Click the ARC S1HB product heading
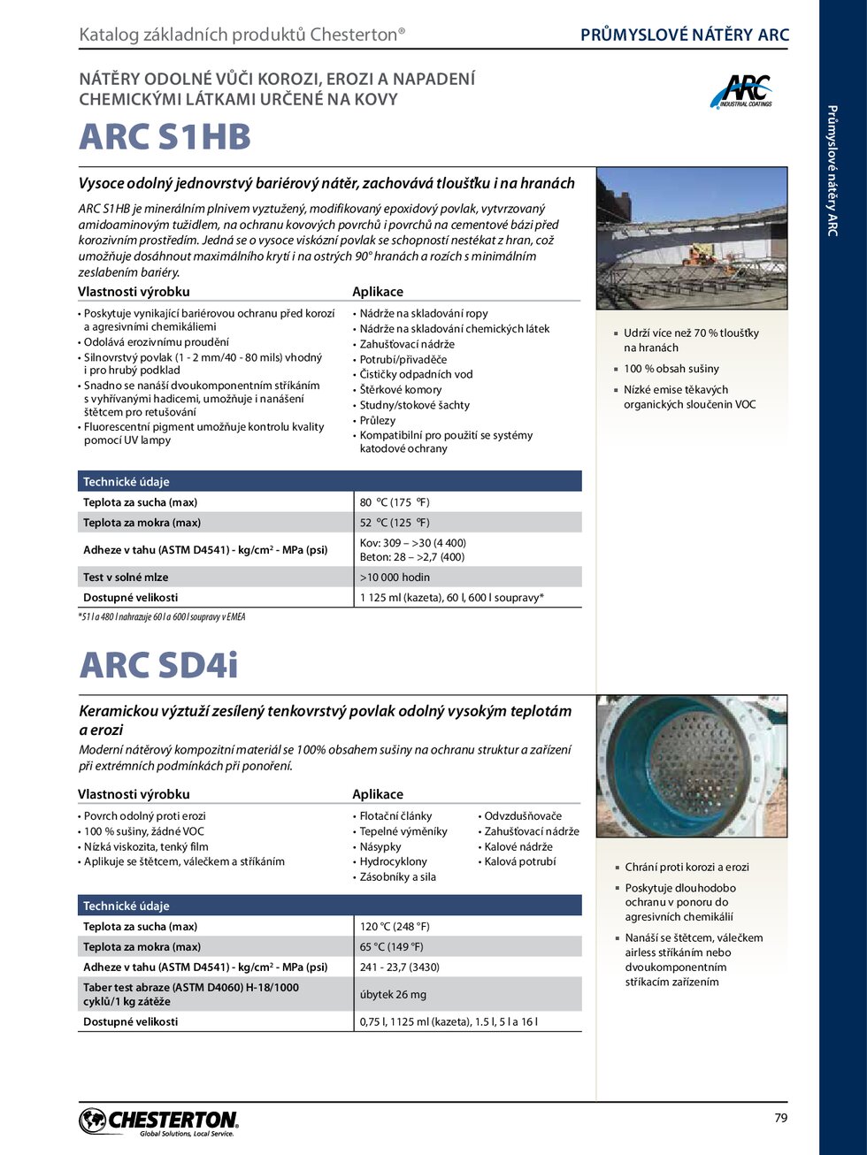click(165, 137)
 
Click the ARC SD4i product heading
click(158, 665)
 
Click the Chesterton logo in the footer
click(159, 1122)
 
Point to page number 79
click(780, 1118)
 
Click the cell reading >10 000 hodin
click(395, 577)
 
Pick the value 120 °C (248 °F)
click(395, 927)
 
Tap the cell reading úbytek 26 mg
click(393, 994)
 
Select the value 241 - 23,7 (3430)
click(399, 968)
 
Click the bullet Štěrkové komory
click(400, 390)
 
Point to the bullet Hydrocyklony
click(393, 861)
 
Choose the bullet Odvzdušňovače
click(523, 816)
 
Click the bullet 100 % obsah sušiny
click(671, 369)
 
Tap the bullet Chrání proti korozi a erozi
click(687, 868)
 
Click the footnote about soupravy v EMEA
click(162, 617)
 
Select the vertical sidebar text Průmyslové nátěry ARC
click(832, 170)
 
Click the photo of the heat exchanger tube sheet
click(691, 766)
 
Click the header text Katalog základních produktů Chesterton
click(242, 34)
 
